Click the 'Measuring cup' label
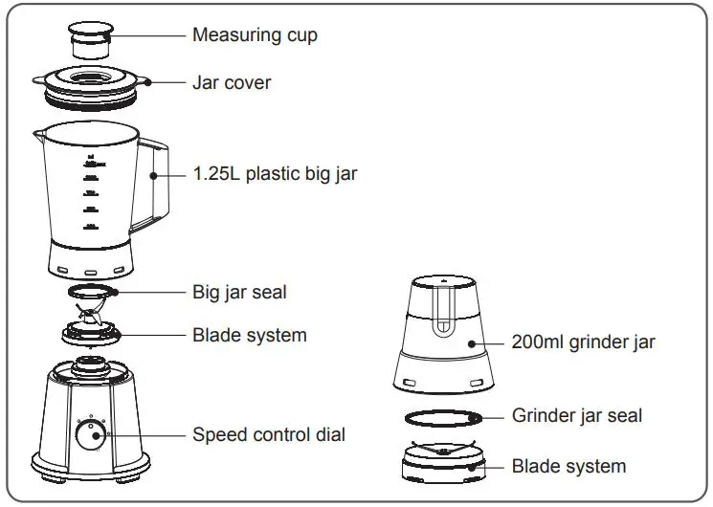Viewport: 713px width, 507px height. point(255,35)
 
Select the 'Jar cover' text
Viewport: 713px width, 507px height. point(232,83)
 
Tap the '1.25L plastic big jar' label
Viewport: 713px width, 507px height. point(275,174)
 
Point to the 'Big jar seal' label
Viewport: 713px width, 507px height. point(239,292)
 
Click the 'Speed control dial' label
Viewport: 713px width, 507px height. point(269,434)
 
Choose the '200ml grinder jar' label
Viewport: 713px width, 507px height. point(584,342)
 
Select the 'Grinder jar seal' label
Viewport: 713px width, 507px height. point(577,415)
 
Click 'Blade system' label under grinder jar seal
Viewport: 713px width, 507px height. point(568,467)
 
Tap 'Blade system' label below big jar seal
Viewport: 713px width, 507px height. point(250,335)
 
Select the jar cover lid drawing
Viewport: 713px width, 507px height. point(91,84)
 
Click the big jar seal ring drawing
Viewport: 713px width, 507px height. point(92,289)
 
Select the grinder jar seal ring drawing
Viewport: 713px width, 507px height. point(442,417)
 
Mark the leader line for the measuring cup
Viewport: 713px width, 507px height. point(148,35)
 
